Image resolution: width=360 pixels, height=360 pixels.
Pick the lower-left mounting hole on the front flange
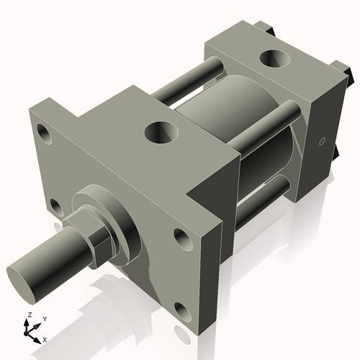pyautogui.click(x=55, y=208)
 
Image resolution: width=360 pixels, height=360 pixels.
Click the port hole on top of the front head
pyautogui.click(x=159, y=132)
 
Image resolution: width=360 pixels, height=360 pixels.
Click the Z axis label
pyautogui.click(x=29, y=315)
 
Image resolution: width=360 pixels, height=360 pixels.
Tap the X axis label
pyautogui.click(x=45, y=338)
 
